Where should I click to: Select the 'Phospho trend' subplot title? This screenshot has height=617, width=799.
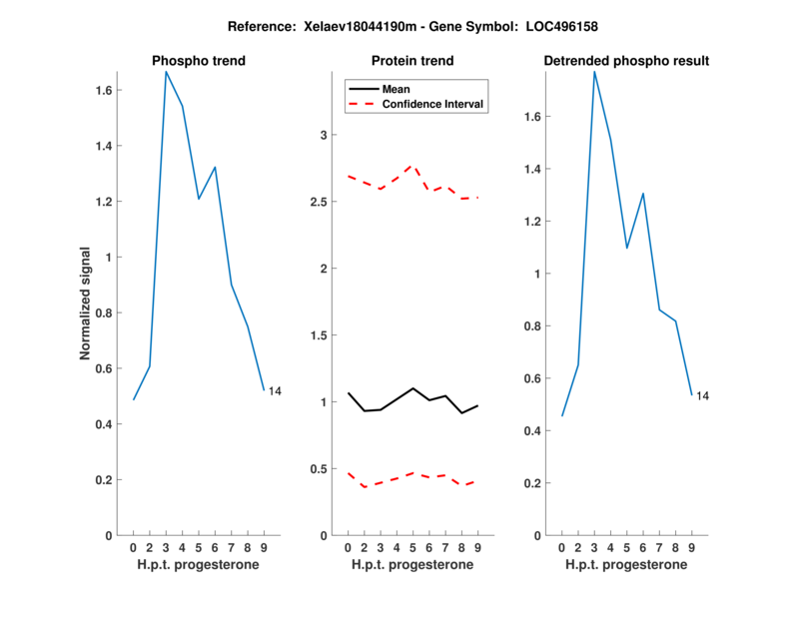(x=199, y=61)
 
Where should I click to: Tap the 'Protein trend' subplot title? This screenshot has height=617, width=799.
(x=413, y=61)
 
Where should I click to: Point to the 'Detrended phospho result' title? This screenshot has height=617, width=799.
(x=627, y=61)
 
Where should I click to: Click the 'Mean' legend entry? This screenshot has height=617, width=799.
(x=397, y=89)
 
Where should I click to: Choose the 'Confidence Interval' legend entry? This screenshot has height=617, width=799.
(x=433, y=104)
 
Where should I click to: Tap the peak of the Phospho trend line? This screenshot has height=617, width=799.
(x=166, y=71)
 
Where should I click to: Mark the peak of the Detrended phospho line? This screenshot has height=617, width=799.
(x=594, y=71)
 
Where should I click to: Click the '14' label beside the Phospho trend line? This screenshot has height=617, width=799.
(x=275, y=391)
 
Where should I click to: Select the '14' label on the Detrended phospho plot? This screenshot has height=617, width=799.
(x=702, y=396)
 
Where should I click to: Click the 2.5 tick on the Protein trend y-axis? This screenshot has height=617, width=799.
(x=322, y=202)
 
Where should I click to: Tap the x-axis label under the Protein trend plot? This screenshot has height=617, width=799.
(x=412, y=565)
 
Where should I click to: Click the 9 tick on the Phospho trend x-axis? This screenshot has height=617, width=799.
(x=264, y=547)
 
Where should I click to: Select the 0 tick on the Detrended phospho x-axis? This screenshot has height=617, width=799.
(x=561, y=547)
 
